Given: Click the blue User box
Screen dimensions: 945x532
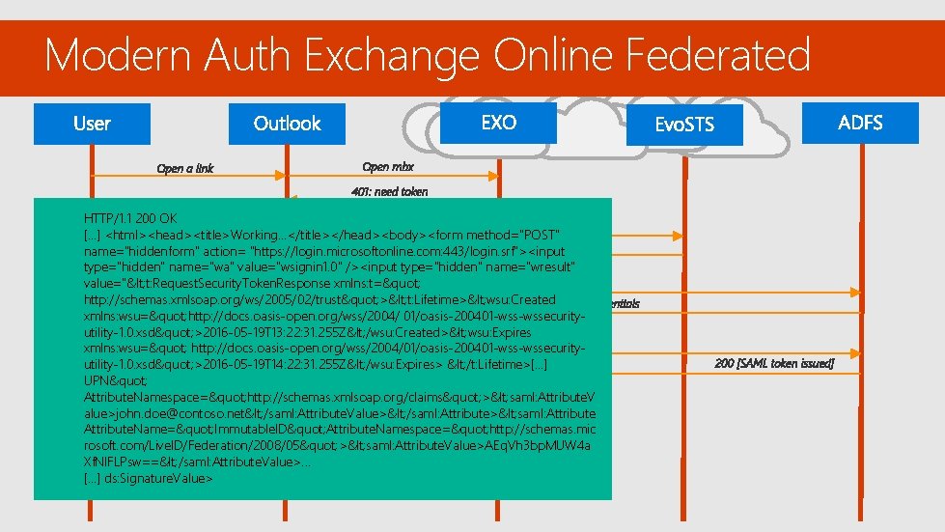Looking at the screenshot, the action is [x=93, y=124].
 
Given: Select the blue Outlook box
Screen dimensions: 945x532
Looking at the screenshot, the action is [x=287, y=124].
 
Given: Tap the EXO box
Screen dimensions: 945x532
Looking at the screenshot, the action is [x=498, y=123].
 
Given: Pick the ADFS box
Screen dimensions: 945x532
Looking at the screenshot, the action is [x=860, y=123].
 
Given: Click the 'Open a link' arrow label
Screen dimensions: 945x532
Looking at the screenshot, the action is [x=185, y=169].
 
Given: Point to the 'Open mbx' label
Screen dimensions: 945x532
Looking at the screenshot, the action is [x=388, y=166].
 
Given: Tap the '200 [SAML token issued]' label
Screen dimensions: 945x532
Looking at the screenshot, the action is [x=774, y=364].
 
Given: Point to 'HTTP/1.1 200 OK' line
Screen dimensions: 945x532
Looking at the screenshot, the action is [x=129, y=218].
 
